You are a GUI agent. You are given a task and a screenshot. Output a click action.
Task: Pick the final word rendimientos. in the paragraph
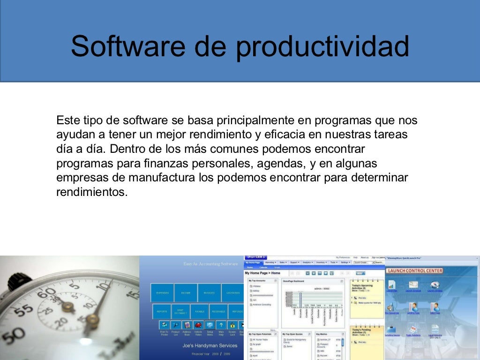tap(92, 193)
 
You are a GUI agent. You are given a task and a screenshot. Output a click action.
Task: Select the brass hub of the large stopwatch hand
tap(92, 320)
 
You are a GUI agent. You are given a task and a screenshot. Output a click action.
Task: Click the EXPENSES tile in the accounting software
tap(162, 293)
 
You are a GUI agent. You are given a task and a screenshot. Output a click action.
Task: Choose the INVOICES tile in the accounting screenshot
tap(209, 293)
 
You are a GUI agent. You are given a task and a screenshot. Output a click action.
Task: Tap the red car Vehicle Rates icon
tap(198, 325)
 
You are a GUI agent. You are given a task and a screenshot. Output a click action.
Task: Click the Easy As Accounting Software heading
tap(210, 264)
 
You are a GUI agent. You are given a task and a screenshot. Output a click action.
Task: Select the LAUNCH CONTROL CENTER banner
tap(414, 270)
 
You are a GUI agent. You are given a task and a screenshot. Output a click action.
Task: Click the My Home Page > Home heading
tap(262, 273)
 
